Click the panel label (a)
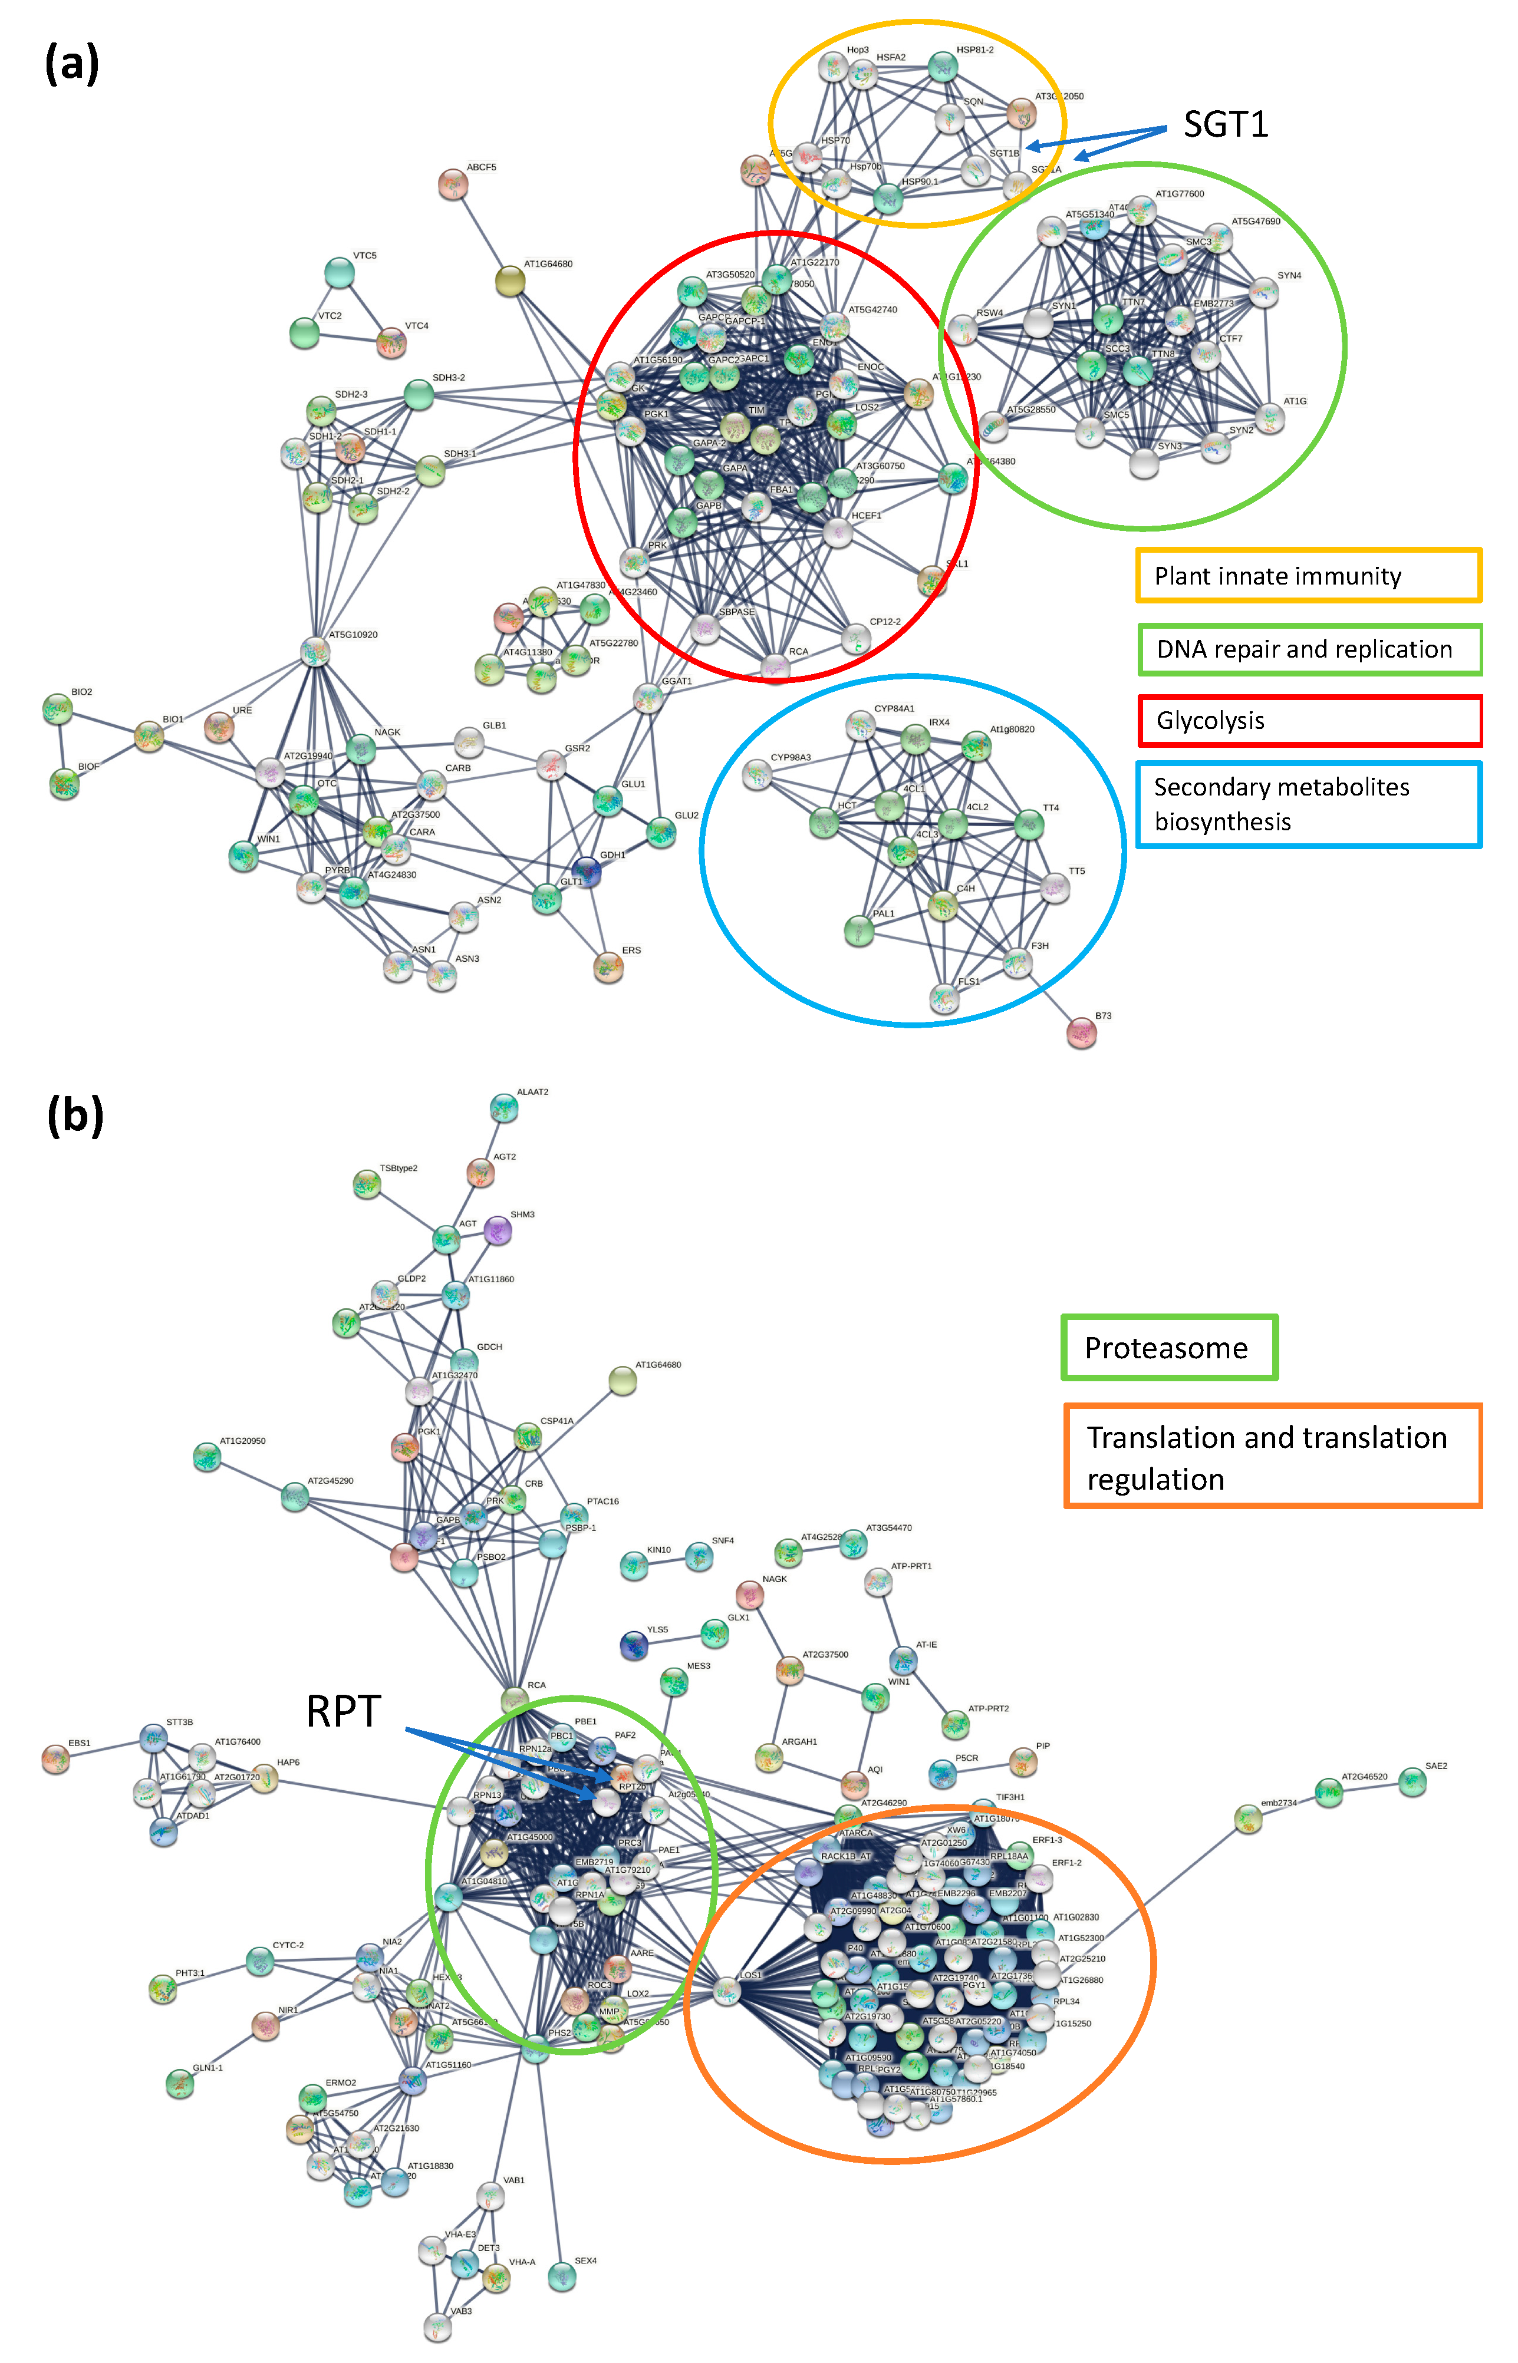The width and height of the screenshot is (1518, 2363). (71, 64)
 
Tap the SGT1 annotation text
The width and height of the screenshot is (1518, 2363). (1225, 124)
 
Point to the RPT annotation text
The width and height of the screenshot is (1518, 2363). (343, 1712)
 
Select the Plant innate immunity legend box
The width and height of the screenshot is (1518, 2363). (1308, 576)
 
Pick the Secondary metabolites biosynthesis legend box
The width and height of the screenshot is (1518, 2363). (1308, 804)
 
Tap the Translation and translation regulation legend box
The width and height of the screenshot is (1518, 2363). (1273, 1457)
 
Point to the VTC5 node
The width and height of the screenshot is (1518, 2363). (339, 272)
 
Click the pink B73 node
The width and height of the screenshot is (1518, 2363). (1081, 1032)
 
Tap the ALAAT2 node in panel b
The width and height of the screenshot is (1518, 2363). (503, 1108)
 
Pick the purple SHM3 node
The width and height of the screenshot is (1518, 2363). (498, 1230)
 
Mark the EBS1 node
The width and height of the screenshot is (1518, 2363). (56, 1759)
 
